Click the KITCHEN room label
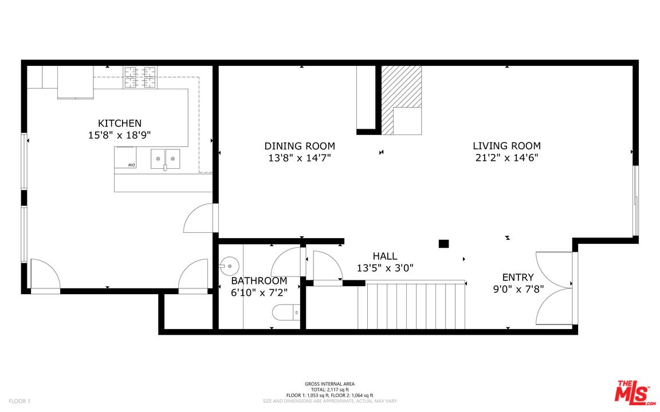(120, 123)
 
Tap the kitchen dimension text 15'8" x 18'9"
(120, 136)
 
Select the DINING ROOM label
(300, 146)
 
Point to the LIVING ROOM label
(507, 146)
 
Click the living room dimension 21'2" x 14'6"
(507, 158)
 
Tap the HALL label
(385, 256)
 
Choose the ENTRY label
(518, 278)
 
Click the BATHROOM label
(260, 281)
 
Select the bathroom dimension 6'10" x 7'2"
(260, 292)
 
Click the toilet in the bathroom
(286, 313)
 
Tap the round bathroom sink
(229, 266)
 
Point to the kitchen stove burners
(140, 78)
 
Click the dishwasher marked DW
(125, 157)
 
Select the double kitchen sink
(166, 159)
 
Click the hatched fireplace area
(402, 100)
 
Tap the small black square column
(443, 243)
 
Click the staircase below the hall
(412, 305)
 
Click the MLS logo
(635, 393)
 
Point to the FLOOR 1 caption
(20, 401)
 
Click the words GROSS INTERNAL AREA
(329, 384)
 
